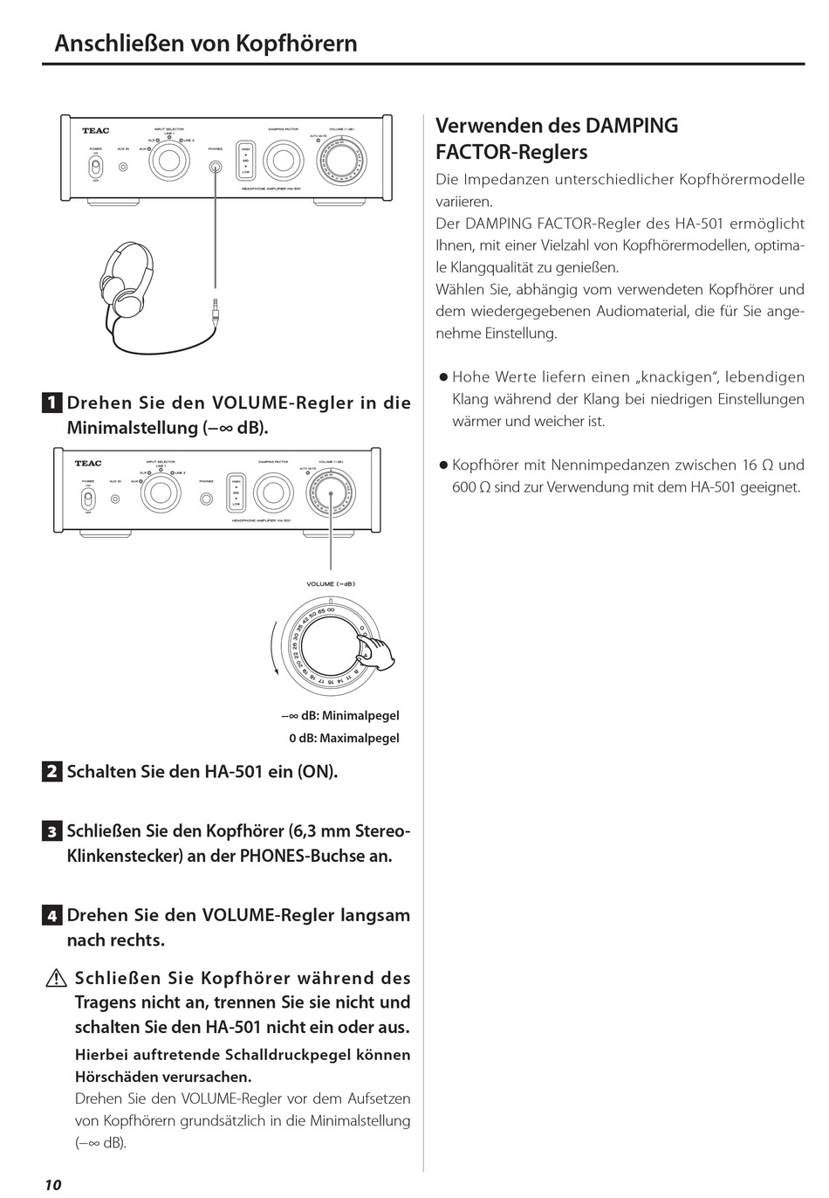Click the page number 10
52,1184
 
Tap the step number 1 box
52,403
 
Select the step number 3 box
52,831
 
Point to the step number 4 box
52,916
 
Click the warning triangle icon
58,979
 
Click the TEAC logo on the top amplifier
96,131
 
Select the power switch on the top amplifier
95,166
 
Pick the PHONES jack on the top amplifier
215,166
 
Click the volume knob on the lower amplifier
331,495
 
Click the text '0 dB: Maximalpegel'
344,738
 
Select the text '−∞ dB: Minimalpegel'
339,716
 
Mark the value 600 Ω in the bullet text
470,487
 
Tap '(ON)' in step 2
318,772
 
